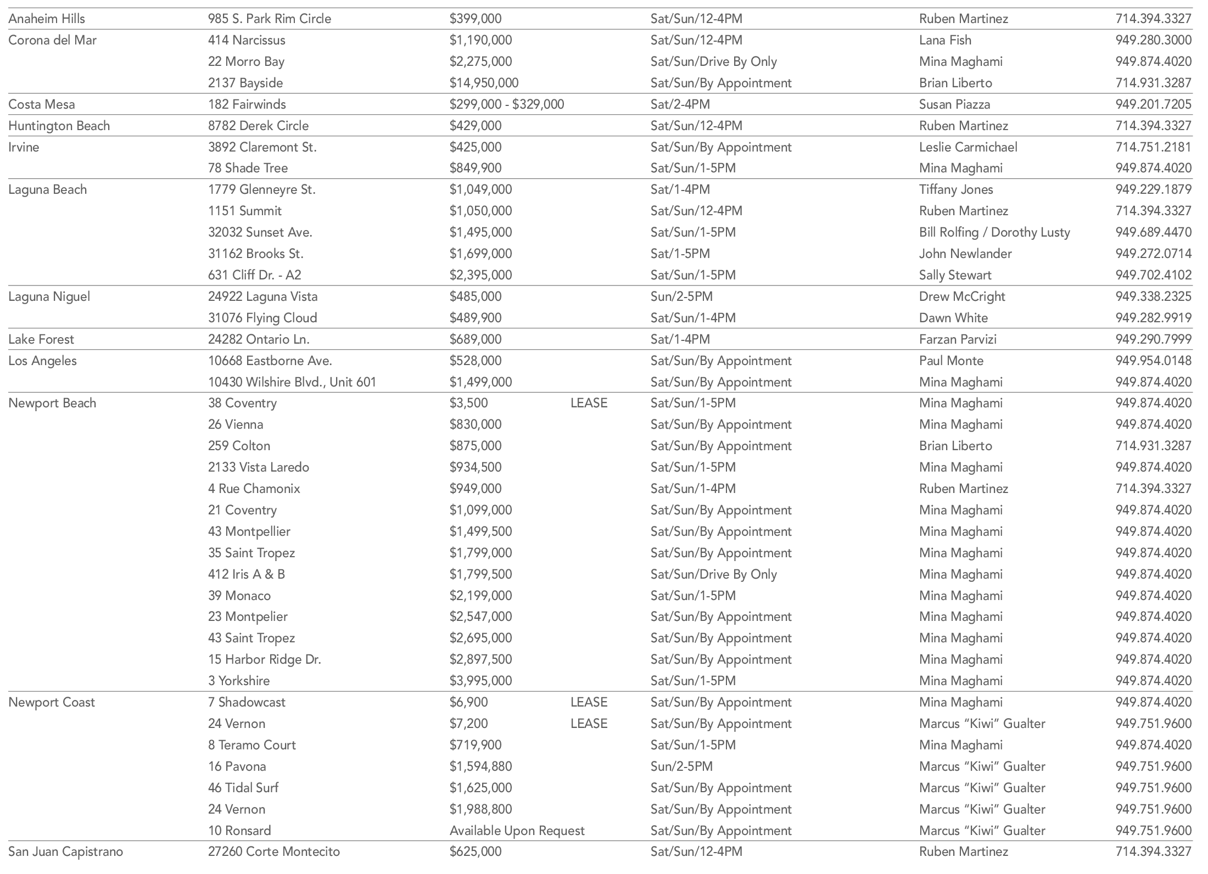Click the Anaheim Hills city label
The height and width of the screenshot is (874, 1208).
[47, 19]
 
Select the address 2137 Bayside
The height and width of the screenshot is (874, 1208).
[245, 83]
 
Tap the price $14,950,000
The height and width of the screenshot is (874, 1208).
[484, 83]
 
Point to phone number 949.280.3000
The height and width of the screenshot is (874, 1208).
[1153, 40]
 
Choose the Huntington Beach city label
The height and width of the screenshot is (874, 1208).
[59, 126]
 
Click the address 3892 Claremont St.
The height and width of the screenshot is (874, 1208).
[262, 147]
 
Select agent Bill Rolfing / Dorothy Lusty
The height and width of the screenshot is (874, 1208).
[994, 232]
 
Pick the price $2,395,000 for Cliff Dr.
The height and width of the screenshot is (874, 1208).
[480, 275]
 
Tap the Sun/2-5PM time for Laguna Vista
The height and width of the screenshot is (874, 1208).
[681, 296]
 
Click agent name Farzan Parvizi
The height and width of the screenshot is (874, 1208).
[958, 339]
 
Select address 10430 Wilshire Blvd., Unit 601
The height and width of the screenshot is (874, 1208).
[292, 382]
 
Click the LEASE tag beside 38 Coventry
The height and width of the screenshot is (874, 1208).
[589, 403]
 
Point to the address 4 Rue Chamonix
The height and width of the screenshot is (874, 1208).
[254, 489]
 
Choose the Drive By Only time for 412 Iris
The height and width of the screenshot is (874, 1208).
[713, 574]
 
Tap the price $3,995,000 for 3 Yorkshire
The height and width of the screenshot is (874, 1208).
[480, 681]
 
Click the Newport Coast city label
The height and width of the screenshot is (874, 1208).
[52, 702]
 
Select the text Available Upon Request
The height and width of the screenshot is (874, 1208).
[517, 831]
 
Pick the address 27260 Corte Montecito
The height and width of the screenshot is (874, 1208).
[273, 851]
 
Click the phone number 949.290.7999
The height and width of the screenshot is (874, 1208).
[1153, 339]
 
